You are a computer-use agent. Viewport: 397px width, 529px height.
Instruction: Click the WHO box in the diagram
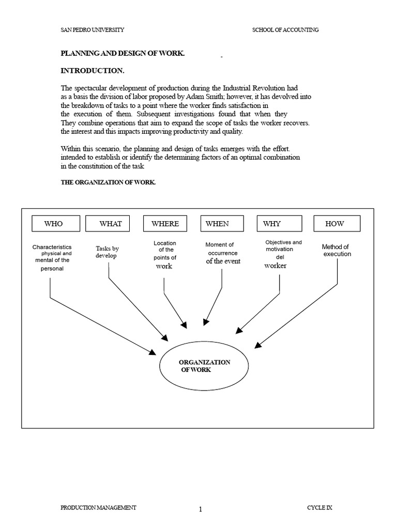coord(56,224)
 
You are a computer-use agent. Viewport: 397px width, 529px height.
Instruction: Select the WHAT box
coord(108,224)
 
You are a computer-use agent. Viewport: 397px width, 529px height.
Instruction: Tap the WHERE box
coord(165,224)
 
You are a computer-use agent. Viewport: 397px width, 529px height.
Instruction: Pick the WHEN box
coord(222,224)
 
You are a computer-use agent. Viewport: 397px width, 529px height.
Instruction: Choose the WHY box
coord(279,224)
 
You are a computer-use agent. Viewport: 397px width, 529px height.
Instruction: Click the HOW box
coord(337,224)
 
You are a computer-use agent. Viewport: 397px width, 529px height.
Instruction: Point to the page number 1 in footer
coord(201,509)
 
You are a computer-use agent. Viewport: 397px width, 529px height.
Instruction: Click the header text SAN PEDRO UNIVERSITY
coord(93,30)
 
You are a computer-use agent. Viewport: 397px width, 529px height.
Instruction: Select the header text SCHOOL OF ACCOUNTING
coord(285,30)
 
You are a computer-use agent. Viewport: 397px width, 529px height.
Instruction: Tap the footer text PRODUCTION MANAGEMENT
coord(99,508)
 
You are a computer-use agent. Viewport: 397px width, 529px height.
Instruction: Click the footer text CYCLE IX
coord(320,508)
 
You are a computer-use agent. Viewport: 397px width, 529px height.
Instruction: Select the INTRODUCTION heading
coord(93,70)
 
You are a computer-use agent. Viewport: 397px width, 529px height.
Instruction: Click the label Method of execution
coord(337,251)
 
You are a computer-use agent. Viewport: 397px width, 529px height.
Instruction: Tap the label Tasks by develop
coord(107,252)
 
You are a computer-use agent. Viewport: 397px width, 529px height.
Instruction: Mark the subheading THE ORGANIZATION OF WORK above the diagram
coord(109,183)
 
